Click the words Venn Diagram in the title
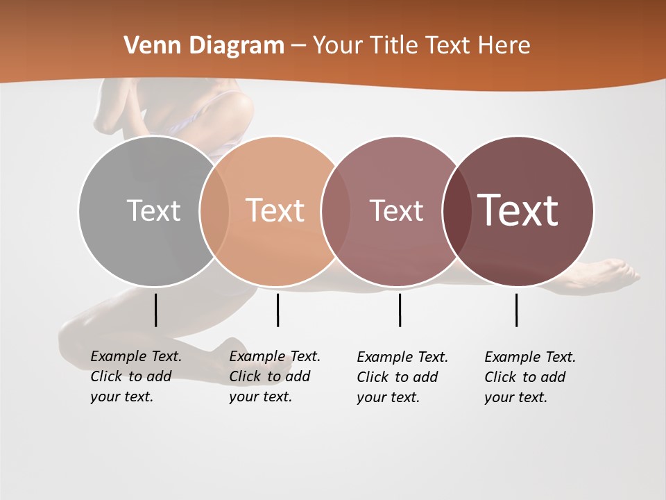tap(204, 46)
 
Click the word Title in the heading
tap(393, 46)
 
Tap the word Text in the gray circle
tap(153, 210)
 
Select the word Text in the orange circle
tap(275, 210)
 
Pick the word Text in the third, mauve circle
tap(396, 210)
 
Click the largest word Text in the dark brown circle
tap(518, 210)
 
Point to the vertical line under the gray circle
tap(155, 310)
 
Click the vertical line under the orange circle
tap(277, 310)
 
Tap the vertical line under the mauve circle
tap(400, 310)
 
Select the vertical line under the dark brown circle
tap(516, 310)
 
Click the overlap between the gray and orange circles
tap(214, 210)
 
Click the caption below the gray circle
tap(136, 376)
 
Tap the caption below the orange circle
tap(275, 376)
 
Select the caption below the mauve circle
tap(402, 377)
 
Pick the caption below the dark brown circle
tap(530, 377)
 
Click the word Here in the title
tap(504, 46)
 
